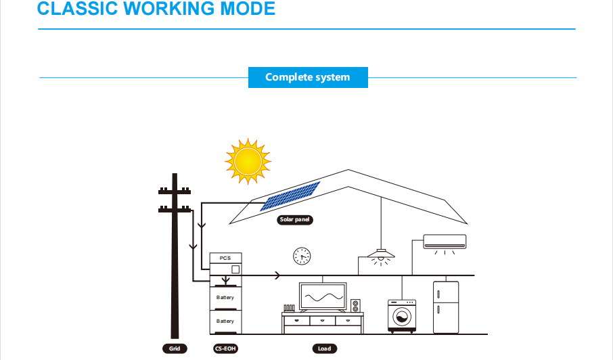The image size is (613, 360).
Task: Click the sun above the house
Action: point(248,161)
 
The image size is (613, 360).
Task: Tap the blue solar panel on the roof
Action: point(290,196)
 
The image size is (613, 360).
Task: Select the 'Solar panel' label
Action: point(295,220)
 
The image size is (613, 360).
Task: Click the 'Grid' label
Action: point(175,348)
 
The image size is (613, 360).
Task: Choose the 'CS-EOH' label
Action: point(225,348)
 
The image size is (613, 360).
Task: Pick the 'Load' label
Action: point(325,348)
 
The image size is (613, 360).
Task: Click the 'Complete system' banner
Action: point(308,77)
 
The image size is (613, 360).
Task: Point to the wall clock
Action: point(302,256)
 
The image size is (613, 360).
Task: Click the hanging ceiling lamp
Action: point(381,256)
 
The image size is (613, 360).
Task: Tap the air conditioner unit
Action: point(445,242)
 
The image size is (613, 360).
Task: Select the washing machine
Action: point(402,316)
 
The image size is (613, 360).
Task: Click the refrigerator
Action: point(446,307)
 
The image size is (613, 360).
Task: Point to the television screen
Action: point(323,297)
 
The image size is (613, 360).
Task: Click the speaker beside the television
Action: point(355,306)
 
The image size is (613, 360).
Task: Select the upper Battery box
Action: point(225,298)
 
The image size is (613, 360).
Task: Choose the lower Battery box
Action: point(225,322)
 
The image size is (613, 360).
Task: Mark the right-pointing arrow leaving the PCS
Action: point(277,275)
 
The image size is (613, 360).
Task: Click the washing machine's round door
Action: point(402,317)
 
